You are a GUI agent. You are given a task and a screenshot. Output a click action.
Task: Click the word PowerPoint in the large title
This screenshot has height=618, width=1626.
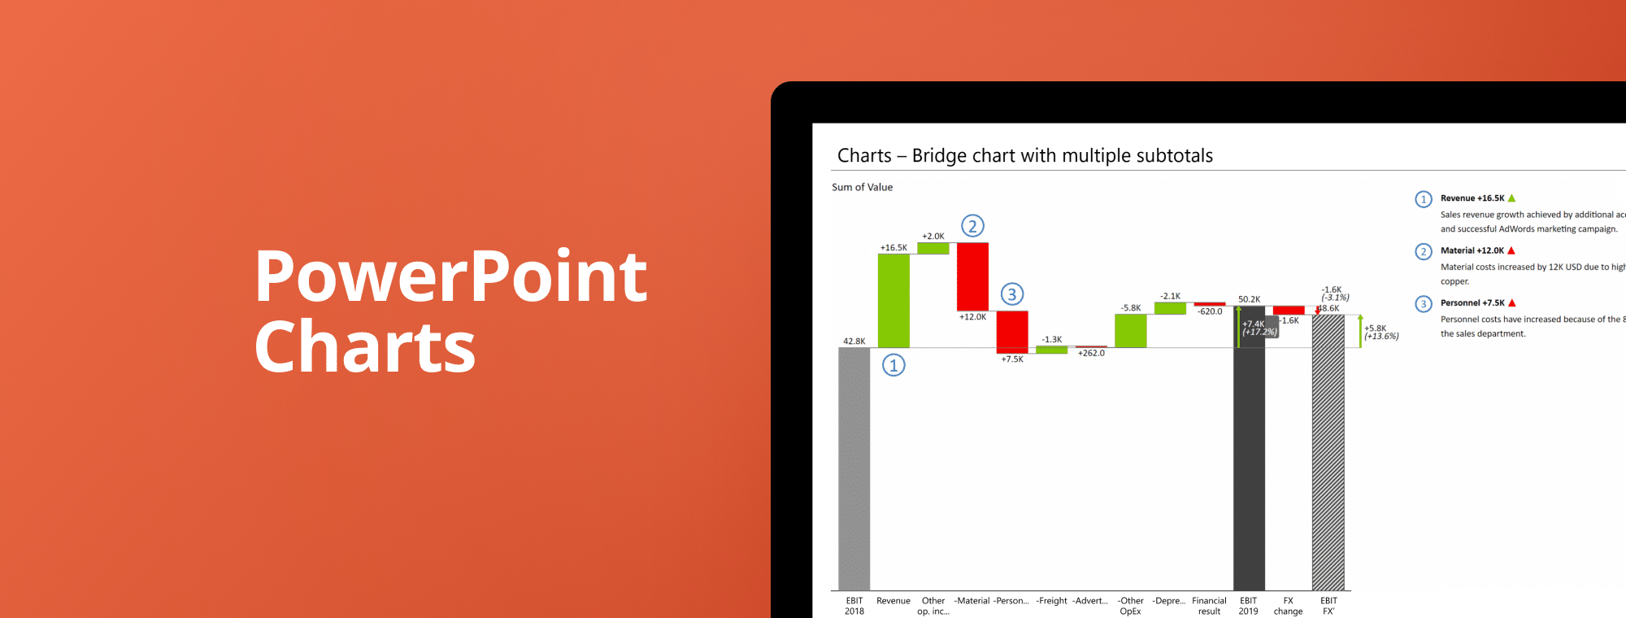coord(451,278)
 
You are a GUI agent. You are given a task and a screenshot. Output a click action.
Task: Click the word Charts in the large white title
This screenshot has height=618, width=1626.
coord(364,348)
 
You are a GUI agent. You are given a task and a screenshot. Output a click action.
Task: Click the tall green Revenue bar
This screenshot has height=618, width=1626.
coord(893,301)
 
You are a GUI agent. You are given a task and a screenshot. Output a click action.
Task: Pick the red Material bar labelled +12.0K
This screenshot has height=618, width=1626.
coord(972,276)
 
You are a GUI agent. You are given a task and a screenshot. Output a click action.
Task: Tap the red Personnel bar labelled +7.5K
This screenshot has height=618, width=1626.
coord(1012,331)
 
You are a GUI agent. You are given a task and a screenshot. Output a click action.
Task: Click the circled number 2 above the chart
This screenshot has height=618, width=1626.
coord(972,226)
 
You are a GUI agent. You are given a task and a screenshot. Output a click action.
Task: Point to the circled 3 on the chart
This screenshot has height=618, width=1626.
coord(1012,294)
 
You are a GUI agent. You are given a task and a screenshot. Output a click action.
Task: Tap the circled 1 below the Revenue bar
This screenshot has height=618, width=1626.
coord(893,365)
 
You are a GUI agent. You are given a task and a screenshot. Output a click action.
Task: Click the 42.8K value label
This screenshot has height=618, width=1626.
coord(854,342)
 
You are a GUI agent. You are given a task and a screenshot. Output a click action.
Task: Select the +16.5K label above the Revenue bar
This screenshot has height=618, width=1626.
coord(893,248)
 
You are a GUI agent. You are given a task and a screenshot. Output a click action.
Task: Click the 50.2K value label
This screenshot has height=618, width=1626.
coord(1249,299)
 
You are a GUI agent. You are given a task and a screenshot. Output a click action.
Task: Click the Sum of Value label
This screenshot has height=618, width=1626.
coord(862,187)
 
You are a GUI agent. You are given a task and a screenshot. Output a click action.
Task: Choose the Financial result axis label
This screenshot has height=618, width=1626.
coord(1209,606)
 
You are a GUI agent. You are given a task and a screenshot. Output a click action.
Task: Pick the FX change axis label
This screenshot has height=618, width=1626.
coord(1288,606)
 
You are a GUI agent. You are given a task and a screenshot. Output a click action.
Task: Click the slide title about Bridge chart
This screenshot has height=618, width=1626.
coord(1024,155)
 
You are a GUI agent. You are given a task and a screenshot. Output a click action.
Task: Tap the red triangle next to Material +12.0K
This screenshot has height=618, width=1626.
coord(1511,250)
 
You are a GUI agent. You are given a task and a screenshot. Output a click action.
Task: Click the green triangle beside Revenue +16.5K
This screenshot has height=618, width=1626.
coord(1511,198)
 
